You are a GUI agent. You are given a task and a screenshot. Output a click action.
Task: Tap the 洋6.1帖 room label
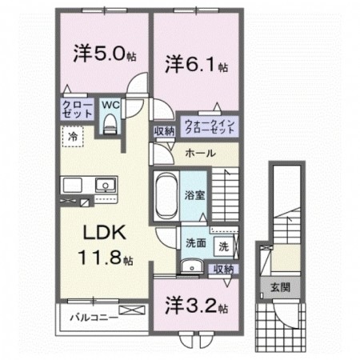(196, 64)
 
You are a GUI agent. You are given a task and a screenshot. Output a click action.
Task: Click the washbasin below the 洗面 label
(189, 268)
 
